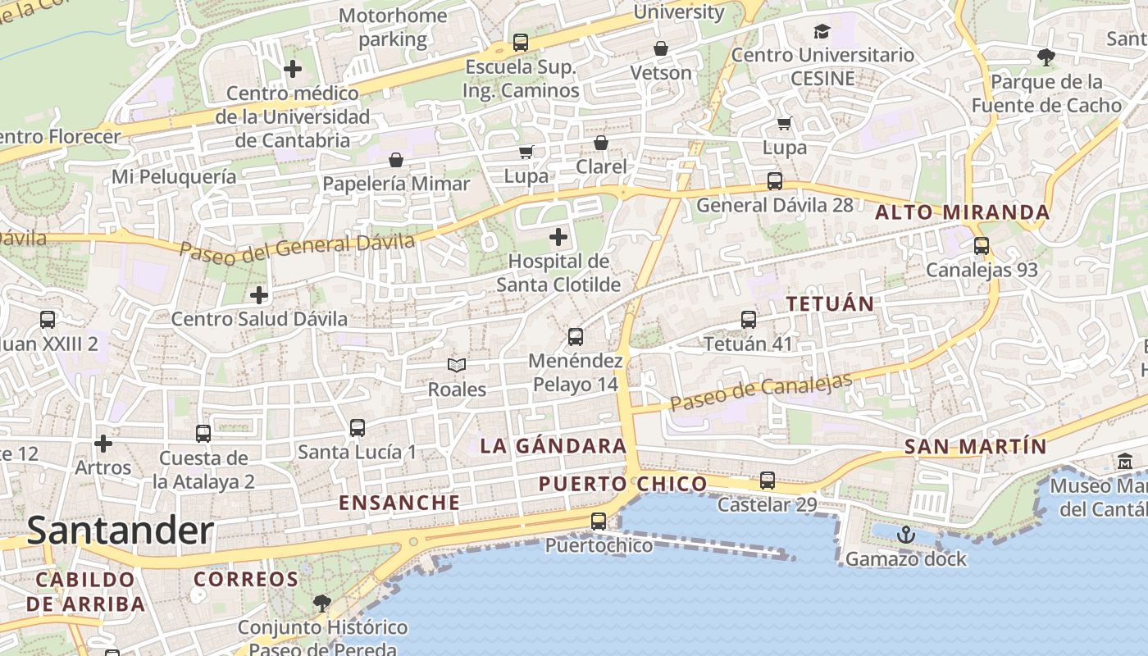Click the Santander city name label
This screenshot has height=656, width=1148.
121,531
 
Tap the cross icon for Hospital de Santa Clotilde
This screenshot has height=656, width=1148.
558,238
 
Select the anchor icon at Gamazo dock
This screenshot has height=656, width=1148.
905,535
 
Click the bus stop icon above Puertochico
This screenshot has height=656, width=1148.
599,521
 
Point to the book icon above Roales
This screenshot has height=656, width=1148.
457,365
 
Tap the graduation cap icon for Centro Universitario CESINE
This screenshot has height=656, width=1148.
822,32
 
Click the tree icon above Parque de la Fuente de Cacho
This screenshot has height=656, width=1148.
1045,57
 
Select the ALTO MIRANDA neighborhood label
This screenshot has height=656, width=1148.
963,212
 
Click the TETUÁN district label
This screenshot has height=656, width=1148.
830,303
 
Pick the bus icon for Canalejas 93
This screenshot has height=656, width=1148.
981,245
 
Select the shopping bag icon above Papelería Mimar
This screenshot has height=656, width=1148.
396,159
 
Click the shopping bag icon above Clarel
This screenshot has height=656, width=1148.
601,143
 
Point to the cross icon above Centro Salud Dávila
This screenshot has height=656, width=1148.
259,294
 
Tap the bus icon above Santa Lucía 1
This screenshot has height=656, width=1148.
357,427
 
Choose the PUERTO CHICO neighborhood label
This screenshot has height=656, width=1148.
622,484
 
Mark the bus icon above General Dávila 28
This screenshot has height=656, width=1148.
774,180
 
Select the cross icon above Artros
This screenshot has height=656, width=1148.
103,444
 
